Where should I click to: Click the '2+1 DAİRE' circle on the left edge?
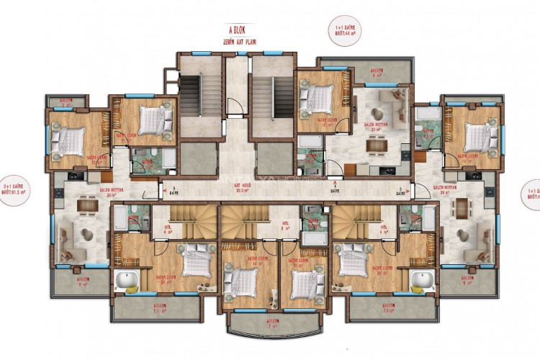point(14,189)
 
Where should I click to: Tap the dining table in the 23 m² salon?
point(376,145)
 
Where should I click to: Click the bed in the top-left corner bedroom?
point(70,140)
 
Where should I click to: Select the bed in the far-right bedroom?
point(475,136)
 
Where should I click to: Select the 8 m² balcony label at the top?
point(376,73)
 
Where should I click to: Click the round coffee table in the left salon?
point(85,235)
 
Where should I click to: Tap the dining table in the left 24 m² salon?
point(86,205)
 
